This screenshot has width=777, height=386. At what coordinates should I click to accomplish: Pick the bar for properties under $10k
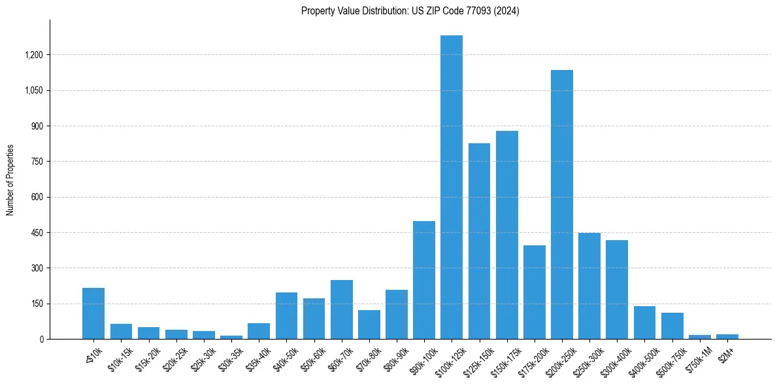point(93,313)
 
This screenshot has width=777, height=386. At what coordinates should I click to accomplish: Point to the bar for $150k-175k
point(506,235)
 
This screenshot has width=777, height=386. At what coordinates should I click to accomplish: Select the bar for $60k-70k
point(341,309)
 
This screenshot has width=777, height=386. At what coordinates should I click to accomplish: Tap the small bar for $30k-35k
point(231,337)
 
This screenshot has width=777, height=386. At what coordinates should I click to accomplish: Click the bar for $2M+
point(727,336)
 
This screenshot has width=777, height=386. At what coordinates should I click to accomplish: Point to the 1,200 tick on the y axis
point(33,55)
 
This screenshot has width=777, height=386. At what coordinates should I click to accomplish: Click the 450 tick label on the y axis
point(37,233)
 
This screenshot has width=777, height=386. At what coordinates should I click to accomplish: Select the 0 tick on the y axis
point(41,340)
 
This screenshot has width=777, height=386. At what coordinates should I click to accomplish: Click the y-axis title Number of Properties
point(10,180)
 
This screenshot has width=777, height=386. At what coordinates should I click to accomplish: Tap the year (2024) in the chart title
point(506,11)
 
